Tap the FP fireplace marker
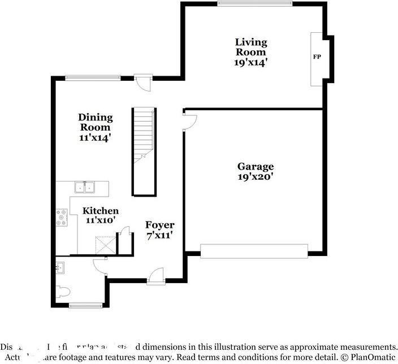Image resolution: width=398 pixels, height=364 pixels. pos(317,58)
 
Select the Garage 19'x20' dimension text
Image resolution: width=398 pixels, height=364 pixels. pos(256,176)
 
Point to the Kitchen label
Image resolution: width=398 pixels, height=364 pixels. pos(101,211)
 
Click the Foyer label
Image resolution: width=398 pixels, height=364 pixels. pos(160,225)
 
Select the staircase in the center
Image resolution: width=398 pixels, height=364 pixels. pos(144,151)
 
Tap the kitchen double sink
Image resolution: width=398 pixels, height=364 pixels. pos(85,187)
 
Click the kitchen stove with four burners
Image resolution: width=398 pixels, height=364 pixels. pos(62,218)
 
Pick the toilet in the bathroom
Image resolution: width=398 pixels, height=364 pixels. pos(63,292)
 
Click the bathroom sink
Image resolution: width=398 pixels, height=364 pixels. pos(60,268)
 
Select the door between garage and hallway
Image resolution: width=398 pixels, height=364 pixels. pos(189,121)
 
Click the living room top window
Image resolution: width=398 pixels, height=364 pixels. pos(255,4)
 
